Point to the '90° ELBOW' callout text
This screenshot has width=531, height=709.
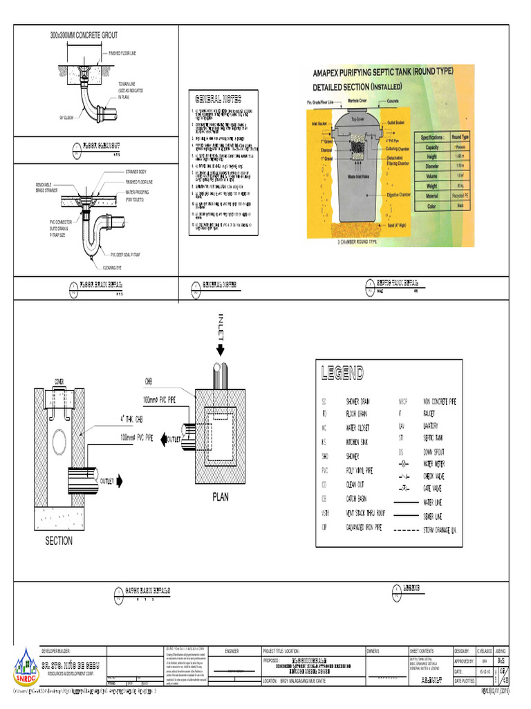coord(66,117)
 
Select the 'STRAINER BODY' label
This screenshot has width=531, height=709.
coord(136,171)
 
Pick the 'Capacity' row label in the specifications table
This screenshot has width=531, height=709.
coord(432,147)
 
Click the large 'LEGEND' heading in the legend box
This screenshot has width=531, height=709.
coord(342,374)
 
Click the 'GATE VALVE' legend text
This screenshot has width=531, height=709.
coord(436,488)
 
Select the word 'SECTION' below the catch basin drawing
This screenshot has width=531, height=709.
coord(59,541)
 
